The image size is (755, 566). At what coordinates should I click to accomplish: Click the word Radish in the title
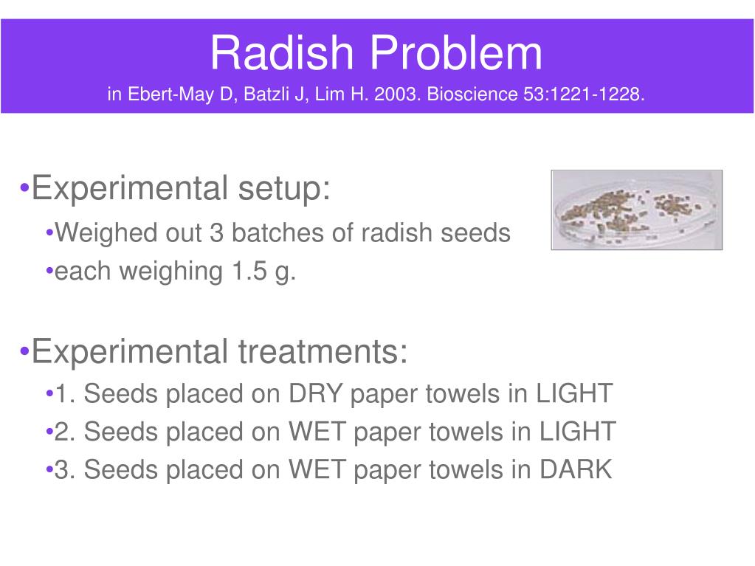click(x=282, y=52)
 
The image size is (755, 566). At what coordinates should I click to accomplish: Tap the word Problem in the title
click(x=456, y=52)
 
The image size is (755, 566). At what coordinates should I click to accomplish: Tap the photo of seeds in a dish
click(x=637, y=210)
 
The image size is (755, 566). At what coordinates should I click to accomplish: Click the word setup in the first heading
click(x=284, y=189)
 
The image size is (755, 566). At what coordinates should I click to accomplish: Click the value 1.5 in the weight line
click(x=249, y=271)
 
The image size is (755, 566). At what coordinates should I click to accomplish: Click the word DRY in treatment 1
click(x=315, y=393)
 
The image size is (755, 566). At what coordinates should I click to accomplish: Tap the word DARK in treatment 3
click(x=576, y=469)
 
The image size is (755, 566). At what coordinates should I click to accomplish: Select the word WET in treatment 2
click(x=317, y=431)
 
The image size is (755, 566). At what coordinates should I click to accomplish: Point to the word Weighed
click(x=105, y=233)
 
